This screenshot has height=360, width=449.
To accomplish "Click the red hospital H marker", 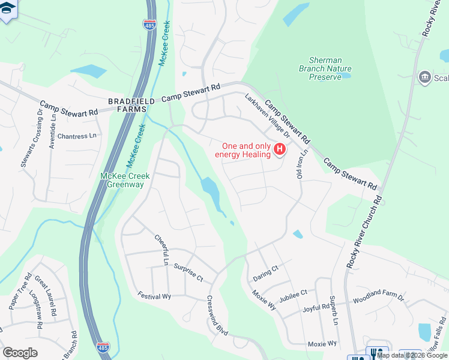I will pyautogui.click(x=279, y=149).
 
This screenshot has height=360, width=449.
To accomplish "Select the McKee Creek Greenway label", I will pyautogui.click(x=124, y=180).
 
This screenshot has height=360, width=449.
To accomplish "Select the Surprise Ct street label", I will pyautogui.click(x=188, y=272).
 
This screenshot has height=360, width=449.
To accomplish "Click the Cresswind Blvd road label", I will pyautogui.click(x=217, y=316).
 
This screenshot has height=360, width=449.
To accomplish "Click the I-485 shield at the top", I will pyautogui.click(x=149, y=25).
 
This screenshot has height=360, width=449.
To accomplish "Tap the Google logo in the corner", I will pyautogui.click(x=20, y=353).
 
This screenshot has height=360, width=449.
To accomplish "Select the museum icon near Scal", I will pyautogui.click(x=424, y=77).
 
